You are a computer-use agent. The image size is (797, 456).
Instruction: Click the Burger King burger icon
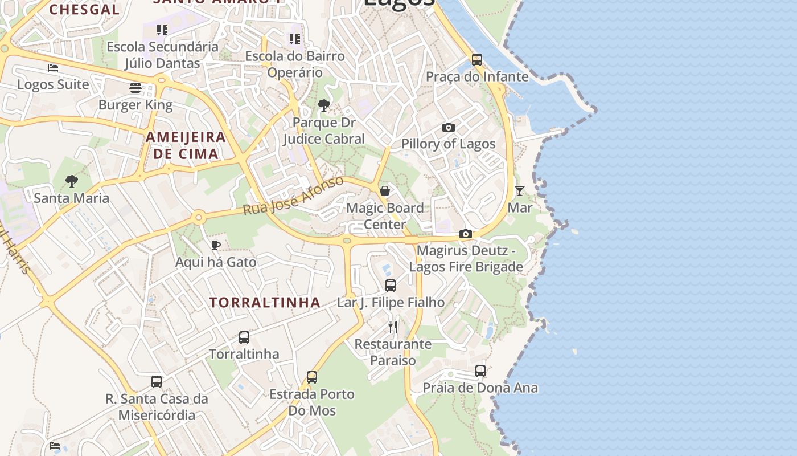tap(135, 88)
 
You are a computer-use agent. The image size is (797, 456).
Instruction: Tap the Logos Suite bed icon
tap(53, 68)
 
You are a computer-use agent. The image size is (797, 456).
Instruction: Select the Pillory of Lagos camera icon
tap(449, 127)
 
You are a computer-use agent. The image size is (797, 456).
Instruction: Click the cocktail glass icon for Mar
tap(519, 190)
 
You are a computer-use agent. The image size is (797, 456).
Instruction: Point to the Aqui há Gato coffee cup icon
tap(215, 245)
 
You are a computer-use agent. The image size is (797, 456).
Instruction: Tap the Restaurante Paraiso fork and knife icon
tap(393, 327)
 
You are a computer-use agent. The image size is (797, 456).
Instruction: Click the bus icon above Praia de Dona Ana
tap(480, 371)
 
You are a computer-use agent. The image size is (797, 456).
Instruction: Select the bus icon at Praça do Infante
tap(477, 59)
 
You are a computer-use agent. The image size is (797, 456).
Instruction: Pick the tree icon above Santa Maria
tap(71, 181)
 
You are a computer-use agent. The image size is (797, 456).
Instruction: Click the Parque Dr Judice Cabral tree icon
tap(323, 105)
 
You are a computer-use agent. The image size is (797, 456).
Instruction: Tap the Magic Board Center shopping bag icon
tap(385, 191)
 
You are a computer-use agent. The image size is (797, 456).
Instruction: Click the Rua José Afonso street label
tap(293, 196)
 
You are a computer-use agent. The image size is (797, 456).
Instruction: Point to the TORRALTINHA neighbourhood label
tap(265, 302)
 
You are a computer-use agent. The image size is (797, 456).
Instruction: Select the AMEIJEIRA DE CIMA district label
tap(186, 145)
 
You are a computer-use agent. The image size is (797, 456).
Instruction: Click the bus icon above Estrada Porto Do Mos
tap(312, 377)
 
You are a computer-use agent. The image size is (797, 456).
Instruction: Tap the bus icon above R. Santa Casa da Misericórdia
tap(157, 382)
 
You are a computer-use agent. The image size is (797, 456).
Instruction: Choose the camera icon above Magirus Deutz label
tap(466, 234)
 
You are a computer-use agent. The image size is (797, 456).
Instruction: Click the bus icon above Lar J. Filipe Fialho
tap(391, 286)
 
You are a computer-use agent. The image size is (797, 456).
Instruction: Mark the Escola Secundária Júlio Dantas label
tap(162, 55)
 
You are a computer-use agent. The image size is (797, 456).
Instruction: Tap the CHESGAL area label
tap(84, 9)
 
